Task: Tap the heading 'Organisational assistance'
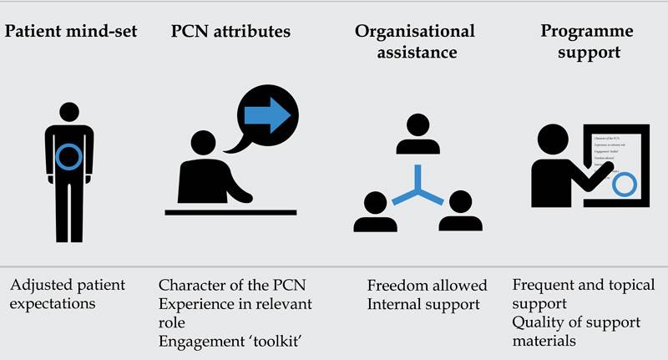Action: tap(415, 42)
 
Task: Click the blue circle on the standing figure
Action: tap(72, 156)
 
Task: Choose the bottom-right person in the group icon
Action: tap(460, 214)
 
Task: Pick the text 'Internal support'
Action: tap(413, 305)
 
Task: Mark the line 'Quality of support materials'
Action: tap(576, 331)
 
